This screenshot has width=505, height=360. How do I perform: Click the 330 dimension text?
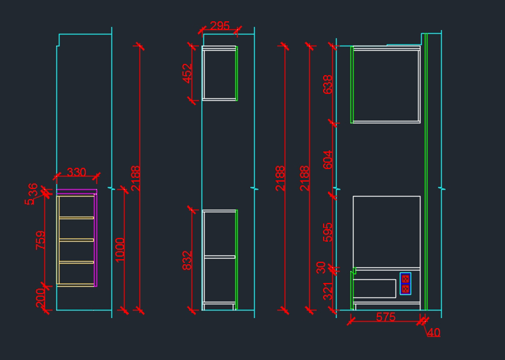point(77,172)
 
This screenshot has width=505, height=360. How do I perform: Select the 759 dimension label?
point(41,240)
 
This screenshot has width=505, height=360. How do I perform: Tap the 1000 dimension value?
point(120,250)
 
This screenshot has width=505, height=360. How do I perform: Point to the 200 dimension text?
point(41,298)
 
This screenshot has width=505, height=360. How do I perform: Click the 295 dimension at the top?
point(220,26)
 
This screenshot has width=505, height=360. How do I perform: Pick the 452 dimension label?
point(187,73)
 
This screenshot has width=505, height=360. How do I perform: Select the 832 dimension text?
point(187,260)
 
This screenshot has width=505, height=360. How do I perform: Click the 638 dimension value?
point(327,84)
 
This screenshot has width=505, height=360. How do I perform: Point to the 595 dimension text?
point(327,232)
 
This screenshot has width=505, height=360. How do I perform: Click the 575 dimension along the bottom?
point(385,317)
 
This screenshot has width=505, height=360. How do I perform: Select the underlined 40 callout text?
point(433,332)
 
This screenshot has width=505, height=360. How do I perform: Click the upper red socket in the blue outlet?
point(405,279)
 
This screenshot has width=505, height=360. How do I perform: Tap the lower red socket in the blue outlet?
point(405,289)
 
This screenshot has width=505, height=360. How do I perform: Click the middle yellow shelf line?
point(76,240)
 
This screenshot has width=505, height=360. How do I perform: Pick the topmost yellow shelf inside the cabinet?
point(76,218)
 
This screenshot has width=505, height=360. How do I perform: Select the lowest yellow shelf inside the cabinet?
point(76,262)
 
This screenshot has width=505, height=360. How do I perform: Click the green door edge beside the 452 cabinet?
point(237,73)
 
